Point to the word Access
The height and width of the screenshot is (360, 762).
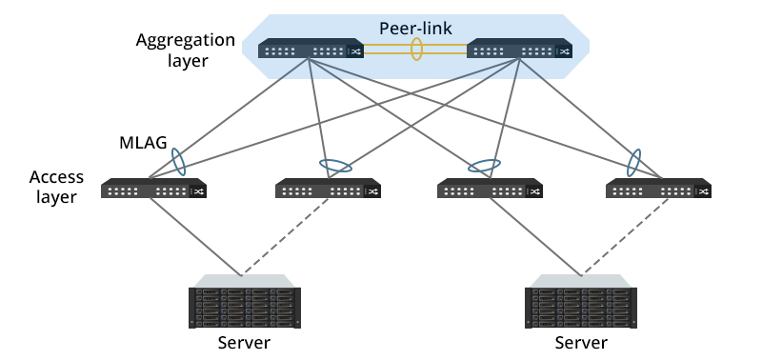(x=56, y=177)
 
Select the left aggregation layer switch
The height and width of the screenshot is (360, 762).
(x=311, y=51)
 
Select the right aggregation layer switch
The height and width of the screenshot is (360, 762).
(x=519, y=51)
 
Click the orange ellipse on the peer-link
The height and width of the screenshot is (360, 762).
(x=416, y=50)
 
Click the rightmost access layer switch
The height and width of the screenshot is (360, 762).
(x=658, y=190)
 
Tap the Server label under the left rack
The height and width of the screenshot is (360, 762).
(x=244, y=343)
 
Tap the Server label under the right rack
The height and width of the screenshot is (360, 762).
(x=580, y=343)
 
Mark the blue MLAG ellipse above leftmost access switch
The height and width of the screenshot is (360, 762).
(x=177, y=162)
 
